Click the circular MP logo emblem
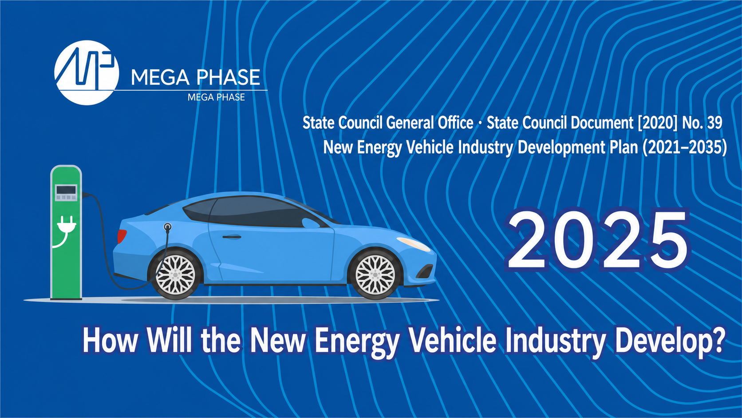(87, 72)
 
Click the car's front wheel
(375, 275)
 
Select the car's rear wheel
(175, 275)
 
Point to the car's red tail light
(122, 236)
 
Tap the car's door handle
(232, 237)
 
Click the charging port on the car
(168, 227)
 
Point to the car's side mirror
(310, 223)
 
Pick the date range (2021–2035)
(684, 147)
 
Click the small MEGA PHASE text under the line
(216, 97)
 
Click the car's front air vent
(425, 271)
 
